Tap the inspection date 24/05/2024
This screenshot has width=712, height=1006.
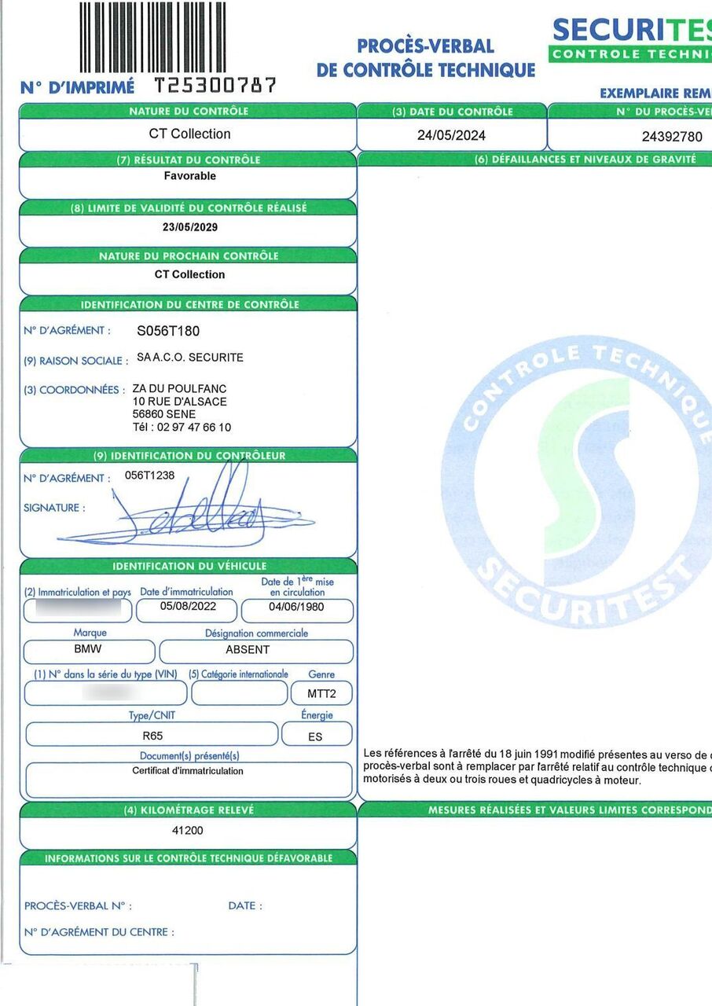(x=451, y=135)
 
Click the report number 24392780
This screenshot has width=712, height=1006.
(x=672, y=136)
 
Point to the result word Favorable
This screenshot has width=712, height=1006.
(x=189, y=176)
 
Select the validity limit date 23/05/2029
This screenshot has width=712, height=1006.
(x=189, y=227)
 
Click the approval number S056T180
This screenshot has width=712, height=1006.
(x=168, y=331)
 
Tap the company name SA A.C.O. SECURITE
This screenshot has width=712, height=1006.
(x=189, y=358)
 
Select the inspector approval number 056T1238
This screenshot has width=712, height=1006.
(x=150, y=475)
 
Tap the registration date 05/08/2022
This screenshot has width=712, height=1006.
(x=187, y=607)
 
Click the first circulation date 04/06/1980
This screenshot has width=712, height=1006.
(x=296, y=607)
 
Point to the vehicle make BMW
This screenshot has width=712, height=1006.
(x=87, y=650)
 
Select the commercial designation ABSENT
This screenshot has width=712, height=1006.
(x=248, y=650)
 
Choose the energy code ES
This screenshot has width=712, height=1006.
(x=315, y=737)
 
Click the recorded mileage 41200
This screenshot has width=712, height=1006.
(x=187, y=830)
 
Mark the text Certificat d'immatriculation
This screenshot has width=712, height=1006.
(x=188, y=771)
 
